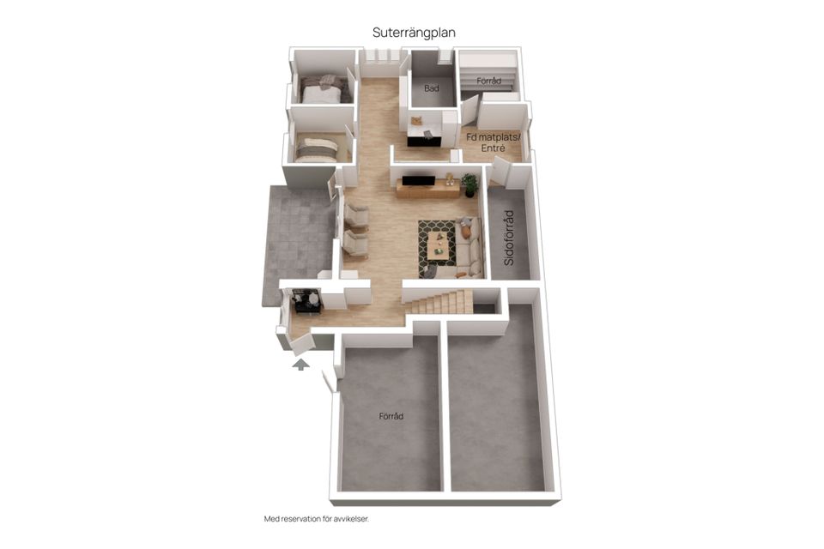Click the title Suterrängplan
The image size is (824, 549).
[414, 33]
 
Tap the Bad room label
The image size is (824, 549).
[432, 88]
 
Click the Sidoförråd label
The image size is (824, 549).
[509, 238]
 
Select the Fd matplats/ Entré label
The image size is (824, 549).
[494, 142]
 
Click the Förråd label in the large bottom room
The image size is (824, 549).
[391, 416]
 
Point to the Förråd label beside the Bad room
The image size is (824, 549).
[488, 81]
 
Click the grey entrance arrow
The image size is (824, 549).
[300, 365]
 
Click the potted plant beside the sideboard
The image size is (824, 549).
[470, 185]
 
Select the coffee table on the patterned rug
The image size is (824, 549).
[439, 246]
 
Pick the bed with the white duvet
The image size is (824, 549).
[324, 90]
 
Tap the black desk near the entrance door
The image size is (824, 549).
[306, 302]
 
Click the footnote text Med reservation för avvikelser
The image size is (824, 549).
[317, 519]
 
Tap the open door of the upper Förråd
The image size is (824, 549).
[470, 111]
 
